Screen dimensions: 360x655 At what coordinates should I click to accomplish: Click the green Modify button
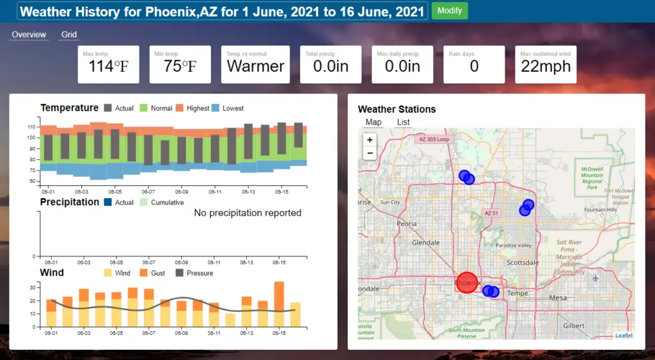point(450,11)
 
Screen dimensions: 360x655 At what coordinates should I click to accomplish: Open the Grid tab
point(69,35)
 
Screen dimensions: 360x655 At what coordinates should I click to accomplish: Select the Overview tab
point(29,35)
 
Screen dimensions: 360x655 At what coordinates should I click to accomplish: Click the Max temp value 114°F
point(113,67)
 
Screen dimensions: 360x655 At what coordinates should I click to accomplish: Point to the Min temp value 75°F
point(180,67)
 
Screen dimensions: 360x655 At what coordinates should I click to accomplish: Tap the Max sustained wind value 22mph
point(546,67)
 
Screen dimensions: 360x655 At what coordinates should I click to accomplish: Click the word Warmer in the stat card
point(256,67)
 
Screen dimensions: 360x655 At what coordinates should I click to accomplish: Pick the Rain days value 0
point(474,67)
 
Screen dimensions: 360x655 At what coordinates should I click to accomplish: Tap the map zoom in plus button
point(369,140)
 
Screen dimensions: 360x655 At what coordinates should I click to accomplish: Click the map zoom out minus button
point(369,153)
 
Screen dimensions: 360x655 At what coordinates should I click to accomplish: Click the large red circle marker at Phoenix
point(467,282)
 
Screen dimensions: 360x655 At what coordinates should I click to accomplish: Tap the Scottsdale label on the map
point(519,262)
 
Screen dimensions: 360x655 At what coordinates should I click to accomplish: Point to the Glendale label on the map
point(425,243)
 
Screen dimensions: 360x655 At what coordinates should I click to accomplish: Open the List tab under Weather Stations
point(403,122)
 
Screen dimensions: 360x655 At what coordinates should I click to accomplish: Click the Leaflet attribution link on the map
point(624,335)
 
